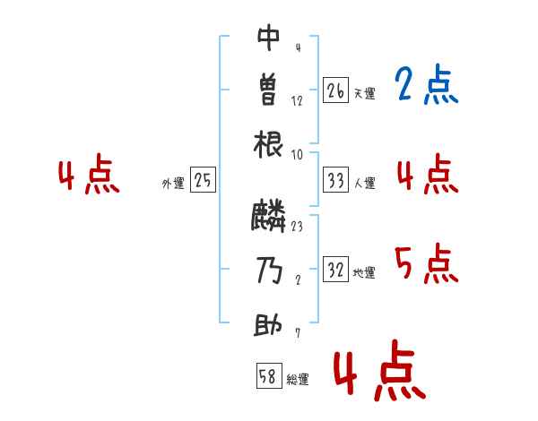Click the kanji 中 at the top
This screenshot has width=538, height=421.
[269, 38]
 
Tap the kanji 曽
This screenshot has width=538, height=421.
[269, 90]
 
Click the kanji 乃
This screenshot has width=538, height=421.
[269, 271]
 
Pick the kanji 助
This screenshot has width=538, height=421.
[269, 324]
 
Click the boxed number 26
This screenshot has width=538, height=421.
[335, 90]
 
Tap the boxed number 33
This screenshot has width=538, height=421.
[335, 181]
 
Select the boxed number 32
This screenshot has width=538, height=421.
[335, 270]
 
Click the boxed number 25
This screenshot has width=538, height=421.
[203, 181]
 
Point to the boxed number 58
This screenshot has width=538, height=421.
[268, 376]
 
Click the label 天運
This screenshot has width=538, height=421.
[364, 92]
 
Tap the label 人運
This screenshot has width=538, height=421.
[364, 183]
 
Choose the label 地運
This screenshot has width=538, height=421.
[364, 272]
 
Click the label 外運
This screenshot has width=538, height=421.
[173, 183]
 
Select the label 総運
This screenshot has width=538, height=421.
[298, 379]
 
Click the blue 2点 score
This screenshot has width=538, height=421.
[426, 86]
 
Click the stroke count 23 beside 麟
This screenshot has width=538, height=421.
[297, 227]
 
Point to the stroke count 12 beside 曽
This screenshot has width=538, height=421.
[297, 101]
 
